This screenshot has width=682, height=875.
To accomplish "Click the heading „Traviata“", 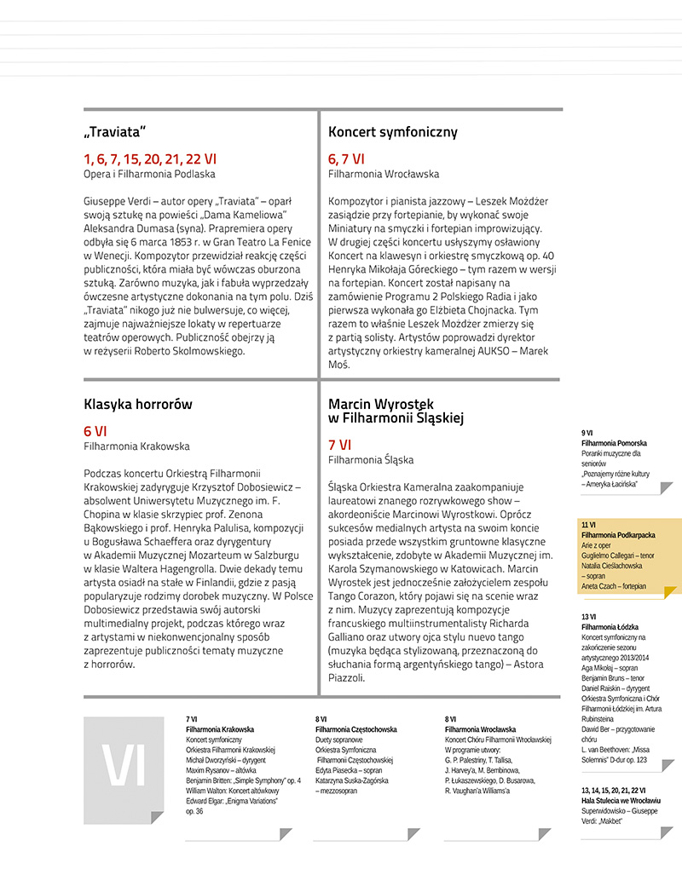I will pyautogui.click(x=115, y=132).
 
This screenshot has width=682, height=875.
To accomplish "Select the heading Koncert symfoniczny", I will pyautogui.click(x=393, y=132).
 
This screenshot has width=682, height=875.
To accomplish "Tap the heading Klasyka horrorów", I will pyautogui.click(x=138, y=404).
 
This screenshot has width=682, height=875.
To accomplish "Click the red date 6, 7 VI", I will pyautogui.click(x=346, y=158).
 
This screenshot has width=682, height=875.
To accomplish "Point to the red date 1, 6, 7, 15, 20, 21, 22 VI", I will pyautogui.click(x=150, y=158).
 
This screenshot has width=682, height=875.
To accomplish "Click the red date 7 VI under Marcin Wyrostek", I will pyautogui.click(x=339, y=445).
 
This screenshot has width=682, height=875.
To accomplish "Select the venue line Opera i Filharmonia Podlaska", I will pyautogui.click(x=149, y=174).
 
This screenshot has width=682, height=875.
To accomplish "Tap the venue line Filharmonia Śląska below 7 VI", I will pyautogui.click(x=371, y=460).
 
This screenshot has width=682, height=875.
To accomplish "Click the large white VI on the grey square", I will pyautogui.click(x=124, y=767).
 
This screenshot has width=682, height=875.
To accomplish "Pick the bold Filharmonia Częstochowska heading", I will pyautogui.click(x=355, y=730).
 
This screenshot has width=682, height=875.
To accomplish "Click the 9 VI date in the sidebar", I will pyautogui.click(x=587, y=433).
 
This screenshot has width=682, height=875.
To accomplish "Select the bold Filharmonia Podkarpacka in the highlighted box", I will pyautogui.click(x=618, y=535).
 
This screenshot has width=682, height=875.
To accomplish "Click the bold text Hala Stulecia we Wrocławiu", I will pyautogui.click(x=621, y=802).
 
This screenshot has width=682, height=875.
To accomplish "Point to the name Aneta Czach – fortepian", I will pyautogui.click(x=614, y=586).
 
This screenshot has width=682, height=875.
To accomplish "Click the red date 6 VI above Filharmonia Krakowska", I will pyautogui.click(x=95, y=431).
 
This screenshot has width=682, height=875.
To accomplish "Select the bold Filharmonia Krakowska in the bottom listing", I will pyautogui.click(x=220, y=730).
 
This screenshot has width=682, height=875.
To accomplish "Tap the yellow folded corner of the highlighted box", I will pyautogui.click(x=670, y=591).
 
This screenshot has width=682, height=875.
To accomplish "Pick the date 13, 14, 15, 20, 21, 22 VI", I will pyautogui.click(x=614, y=791).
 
